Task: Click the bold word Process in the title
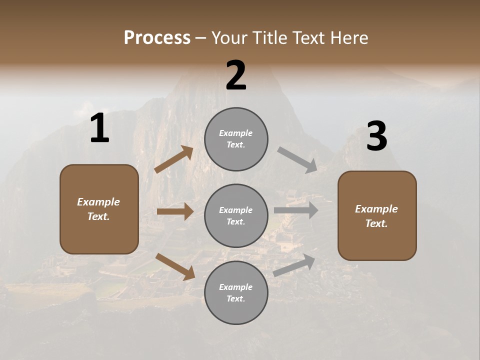click(157, 38)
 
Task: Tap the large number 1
click(99, 129)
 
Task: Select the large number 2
click(236, 75)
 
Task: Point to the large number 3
click(376, 137)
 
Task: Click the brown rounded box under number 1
click(99, 209)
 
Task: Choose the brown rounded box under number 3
click(377, 216)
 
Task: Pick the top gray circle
click(236, 139)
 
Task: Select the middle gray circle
click(236, 215)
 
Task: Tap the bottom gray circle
click(236, 292)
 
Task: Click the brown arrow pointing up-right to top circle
click(174, 159)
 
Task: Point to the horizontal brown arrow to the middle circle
click(175, 211)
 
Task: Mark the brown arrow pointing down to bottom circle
click(175, 266)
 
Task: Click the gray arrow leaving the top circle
click(297, 159)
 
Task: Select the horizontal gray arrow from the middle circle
click(296, 210)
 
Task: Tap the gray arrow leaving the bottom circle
click(294, 265)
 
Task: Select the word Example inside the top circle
click(236, 133)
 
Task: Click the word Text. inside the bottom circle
click(236, 298)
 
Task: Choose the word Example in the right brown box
click(376, 209)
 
